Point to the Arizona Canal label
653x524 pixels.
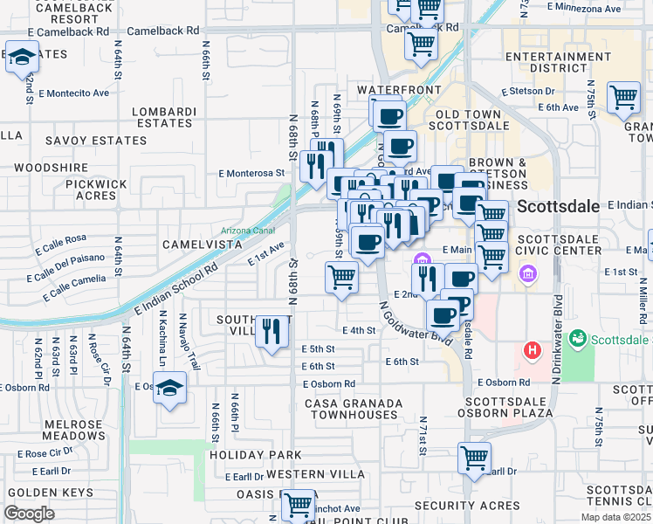coord(248,231)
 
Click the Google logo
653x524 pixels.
coord(29,514)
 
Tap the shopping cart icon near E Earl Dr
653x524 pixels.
coord(474,458)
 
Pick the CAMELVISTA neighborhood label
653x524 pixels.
coord(202,245)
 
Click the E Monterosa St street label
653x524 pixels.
coord(252,173)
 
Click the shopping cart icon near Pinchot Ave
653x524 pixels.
coord(299,505)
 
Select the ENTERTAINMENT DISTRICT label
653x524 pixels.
coord(546,62)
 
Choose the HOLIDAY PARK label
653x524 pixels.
coord(254,455)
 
